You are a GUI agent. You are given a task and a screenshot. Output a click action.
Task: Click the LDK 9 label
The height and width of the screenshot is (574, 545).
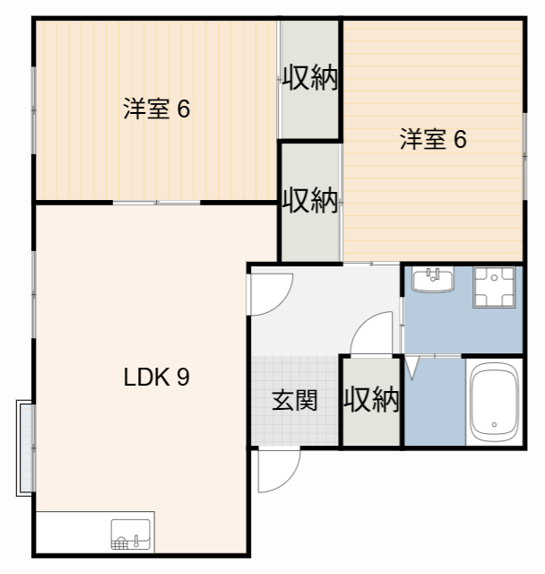155,378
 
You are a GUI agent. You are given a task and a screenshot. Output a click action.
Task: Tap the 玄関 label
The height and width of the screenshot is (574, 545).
294,400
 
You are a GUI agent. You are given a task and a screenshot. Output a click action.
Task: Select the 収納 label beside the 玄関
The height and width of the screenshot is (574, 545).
371,400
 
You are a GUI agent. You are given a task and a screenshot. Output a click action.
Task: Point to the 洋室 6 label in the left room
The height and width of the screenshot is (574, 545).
156,109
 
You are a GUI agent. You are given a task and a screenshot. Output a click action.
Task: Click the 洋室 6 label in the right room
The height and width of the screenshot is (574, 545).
432,140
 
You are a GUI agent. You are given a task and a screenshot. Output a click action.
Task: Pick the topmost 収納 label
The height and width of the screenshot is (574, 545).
310,79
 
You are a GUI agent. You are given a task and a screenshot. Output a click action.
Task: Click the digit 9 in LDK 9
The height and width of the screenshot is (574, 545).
182,378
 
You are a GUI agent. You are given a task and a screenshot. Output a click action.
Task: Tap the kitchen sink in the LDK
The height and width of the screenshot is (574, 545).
131,535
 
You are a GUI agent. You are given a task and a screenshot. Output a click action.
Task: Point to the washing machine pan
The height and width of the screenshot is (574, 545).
494,286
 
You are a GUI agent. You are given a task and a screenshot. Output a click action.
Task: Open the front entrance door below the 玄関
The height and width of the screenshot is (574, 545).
276,470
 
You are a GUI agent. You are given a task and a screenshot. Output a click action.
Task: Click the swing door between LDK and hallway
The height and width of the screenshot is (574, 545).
269,292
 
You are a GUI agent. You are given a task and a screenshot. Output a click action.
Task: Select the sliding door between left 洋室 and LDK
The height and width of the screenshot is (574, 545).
157,203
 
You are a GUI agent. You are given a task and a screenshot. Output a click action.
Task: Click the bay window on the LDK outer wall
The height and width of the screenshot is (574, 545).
24,448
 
